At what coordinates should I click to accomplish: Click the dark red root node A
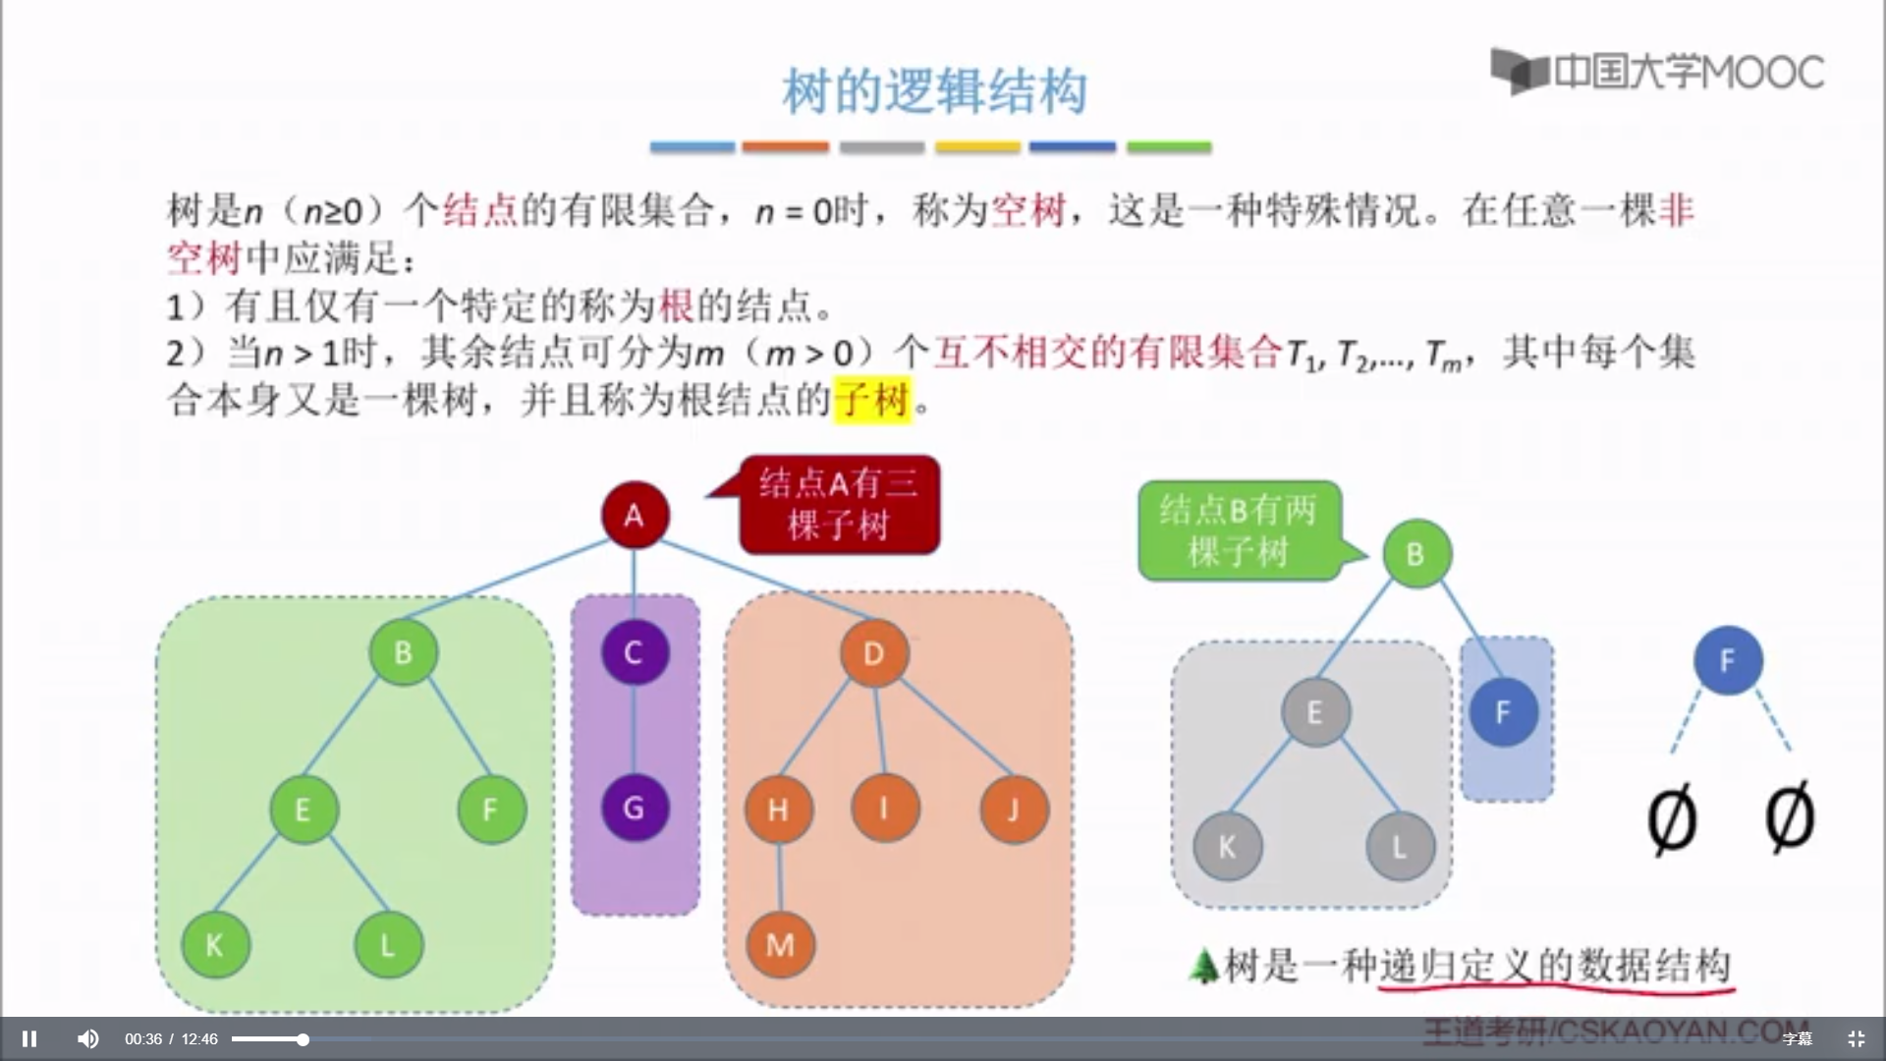(x=635, y=515)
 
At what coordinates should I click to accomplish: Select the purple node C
(x=635, y=652)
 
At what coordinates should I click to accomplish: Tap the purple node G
(x=635, y=809)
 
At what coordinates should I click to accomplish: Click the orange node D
(x=873, y=653)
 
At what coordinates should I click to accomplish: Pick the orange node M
(x=780, y=945)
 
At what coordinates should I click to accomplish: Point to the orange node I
(x=884, y=809)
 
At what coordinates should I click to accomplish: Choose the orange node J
(x=1014, y=810)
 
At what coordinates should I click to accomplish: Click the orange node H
(x=778, y=810)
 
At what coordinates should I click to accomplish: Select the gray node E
(x=1315, y=712)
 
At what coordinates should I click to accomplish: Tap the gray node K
(x=1227, y=846)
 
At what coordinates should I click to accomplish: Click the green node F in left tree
(x=491, y=810)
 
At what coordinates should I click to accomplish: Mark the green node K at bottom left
(x=215, y=945)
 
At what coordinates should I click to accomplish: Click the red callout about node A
(x=839, y=505)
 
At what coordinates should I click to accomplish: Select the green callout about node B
(x=1239, y=530)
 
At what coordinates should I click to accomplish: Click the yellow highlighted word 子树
(x=871, y=400)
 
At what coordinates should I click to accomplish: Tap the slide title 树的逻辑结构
(x=934, y=91)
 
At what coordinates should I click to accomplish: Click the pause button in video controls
(x=29, y=1038)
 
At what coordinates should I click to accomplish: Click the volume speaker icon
(x=88, y=1038)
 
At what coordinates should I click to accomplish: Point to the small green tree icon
(x=1202, y=966)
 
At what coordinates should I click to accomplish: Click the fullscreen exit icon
(x=1856, y=1038)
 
